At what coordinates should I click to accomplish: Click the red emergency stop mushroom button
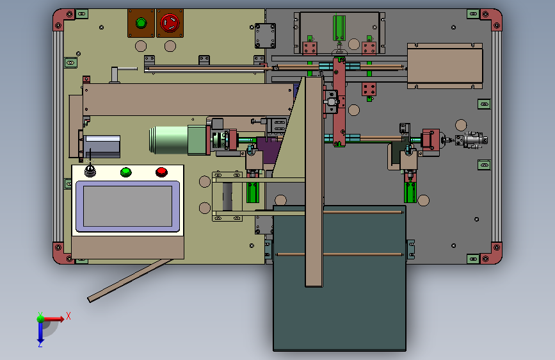(x=170, y=23)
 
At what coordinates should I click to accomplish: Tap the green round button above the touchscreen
(x=125, y=171)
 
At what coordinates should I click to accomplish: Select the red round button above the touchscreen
(x=161, y=171)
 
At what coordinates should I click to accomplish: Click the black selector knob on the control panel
(x=90, y=171)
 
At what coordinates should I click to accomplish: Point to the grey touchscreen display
(x=127, y=206)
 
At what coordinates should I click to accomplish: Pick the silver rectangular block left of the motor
(x=102, y=146)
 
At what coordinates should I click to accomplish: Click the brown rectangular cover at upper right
(x=444, y=65)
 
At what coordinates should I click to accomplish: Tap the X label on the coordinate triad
(x=68, y=315)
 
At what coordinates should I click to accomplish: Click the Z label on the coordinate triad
(x=40, y=344)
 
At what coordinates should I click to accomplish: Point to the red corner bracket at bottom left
(x=61, y=253)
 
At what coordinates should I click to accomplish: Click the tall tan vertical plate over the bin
(x=314, y=179)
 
